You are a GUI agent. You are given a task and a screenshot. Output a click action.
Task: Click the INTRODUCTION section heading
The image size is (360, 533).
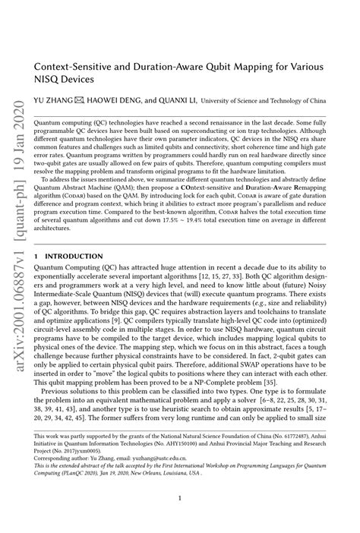coord(72,257)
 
